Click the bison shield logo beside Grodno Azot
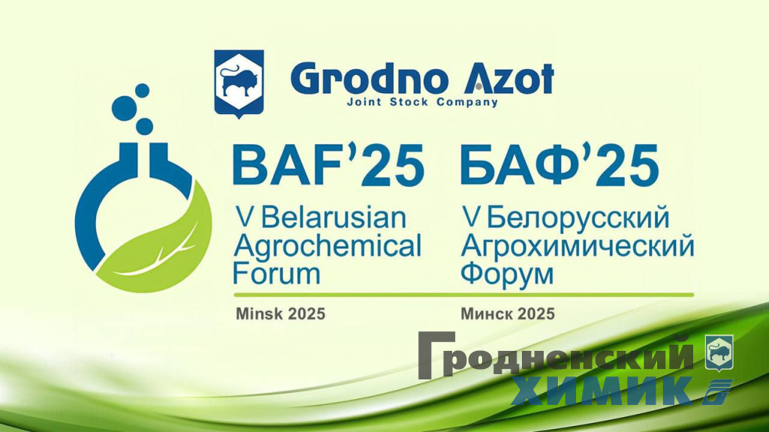point(239,82)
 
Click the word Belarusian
point(333,219)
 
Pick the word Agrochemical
point(327,245)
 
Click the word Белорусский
point(578,219)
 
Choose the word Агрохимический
point(577,246)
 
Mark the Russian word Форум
point(507,272)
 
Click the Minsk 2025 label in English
point(280,313)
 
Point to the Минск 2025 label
point(508,313)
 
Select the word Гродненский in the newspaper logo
point(556,356)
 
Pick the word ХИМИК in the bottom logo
point(601,390)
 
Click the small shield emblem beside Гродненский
point(719,352)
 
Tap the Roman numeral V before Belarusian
point(243,219)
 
